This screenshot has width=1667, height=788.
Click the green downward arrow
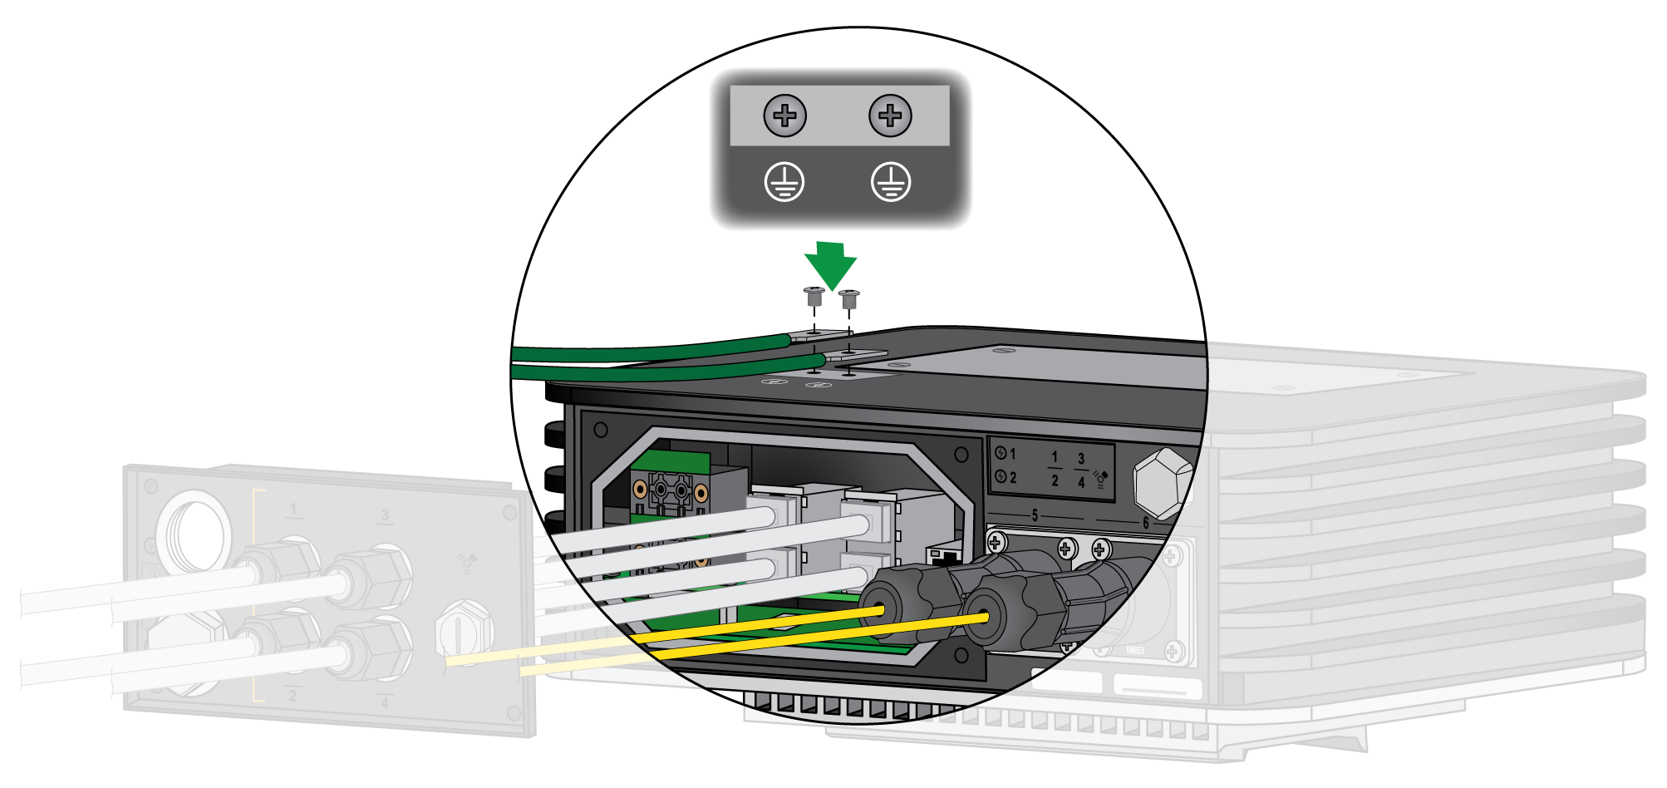(x=830, y=264)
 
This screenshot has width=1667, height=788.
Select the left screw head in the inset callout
(x=784, y=116)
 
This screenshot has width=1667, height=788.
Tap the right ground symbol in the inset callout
(x=890, y=182)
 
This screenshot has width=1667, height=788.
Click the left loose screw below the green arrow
(x=814, y=296)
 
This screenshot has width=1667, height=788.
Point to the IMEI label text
(x=1134, y=650)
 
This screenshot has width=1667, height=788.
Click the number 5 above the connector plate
(x=1035, y=515)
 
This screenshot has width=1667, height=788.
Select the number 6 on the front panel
(x=1145, y=523)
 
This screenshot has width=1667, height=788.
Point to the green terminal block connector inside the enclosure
(x=668, y=491)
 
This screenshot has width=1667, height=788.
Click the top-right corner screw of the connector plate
(x=1172, y=555)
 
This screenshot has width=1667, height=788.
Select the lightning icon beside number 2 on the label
(x=1001, y=477)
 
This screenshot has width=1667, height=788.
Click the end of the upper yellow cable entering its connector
(x=879, y=611)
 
